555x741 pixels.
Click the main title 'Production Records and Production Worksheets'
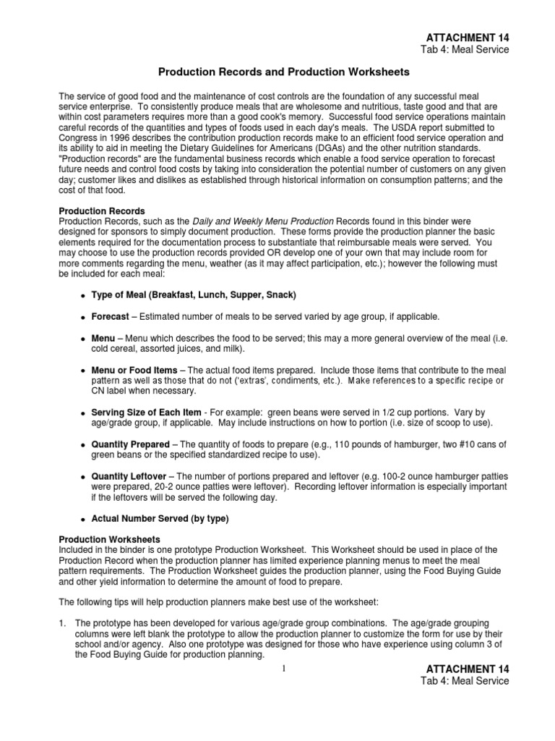pos(284,72)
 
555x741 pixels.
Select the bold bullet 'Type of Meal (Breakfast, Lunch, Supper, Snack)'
pos(194,295)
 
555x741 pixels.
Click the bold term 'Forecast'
pos(111,317)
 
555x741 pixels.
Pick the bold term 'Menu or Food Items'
pos(134,370)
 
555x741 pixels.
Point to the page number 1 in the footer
pos(285,668)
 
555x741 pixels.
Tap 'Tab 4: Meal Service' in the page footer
pos(465,681)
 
